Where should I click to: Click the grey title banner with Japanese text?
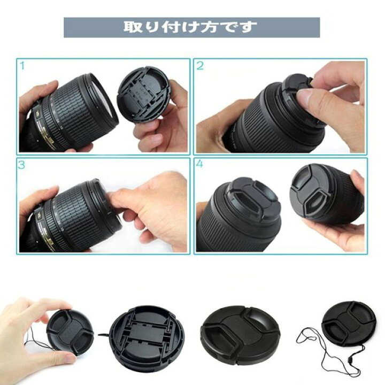(x=191, y=27)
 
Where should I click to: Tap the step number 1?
(x=22, y=66)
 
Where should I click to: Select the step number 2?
(x=200, y=66)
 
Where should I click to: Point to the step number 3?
(x=22, y=165)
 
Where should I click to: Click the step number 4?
(x=200, y=165)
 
